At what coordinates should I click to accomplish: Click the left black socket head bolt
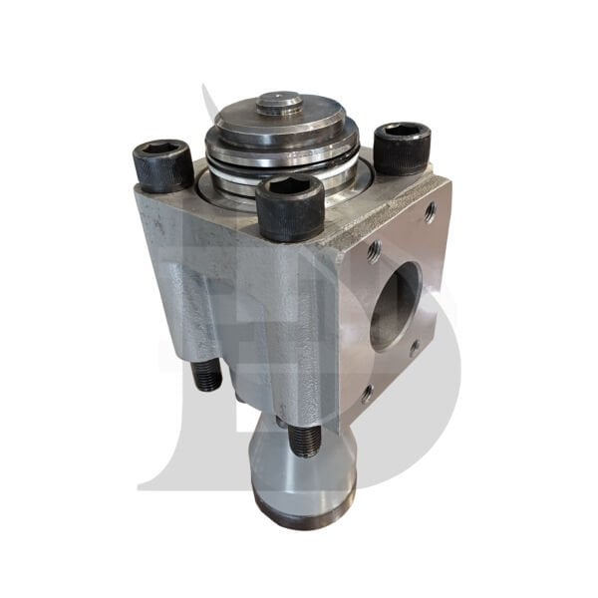coord(162,165)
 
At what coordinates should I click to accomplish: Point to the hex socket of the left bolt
coord(162,149)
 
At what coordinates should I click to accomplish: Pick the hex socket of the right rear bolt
coord(403,131)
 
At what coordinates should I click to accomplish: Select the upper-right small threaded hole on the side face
coord(430,211)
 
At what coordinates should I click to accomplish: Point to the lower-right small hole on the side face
coord(414,349)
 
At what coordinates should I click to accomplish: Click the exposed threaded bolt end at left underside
coord(207,375)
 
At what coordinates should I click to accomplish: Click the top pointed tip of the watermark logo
coord(206,88)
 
